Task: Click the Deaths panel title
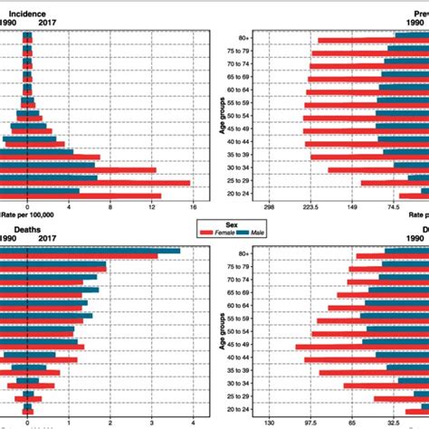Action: point(14,231)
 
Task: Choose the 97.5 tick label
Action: point(310,422)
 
